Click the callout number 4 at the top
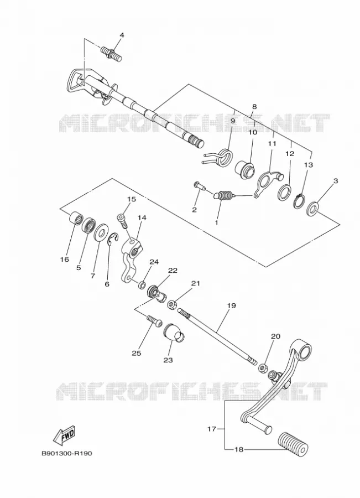coord(122,35)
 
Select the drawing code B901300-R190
coord(67,453)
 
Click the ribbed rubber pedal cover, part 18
coord(293,444)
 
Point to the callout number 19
coord(231,305)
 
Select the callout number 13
coord(308,165)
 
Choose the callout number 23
coord(168,360)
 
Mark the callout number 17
coord(212,429)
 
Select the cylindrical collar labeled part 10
coord(245,168)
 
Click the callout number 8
coord(254,107)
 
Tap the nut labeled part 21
coord(173,304)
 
